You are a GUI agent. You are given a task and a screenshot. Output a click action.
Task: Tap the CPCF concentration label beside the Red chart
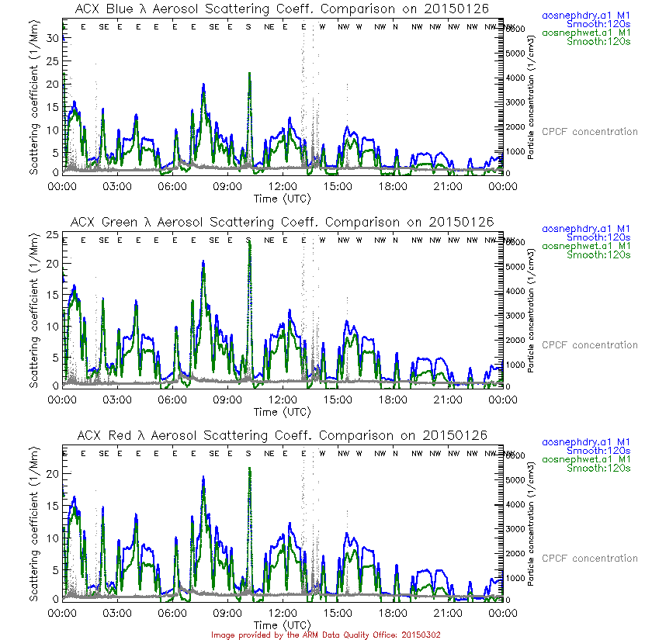[589, 559]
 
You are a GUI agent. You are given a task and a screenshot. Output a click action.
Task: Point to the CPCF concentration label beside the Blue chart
[589, 132]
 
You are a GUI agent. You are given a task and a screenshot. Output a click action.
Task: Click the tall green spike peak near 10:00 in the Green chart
[249, 242]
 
